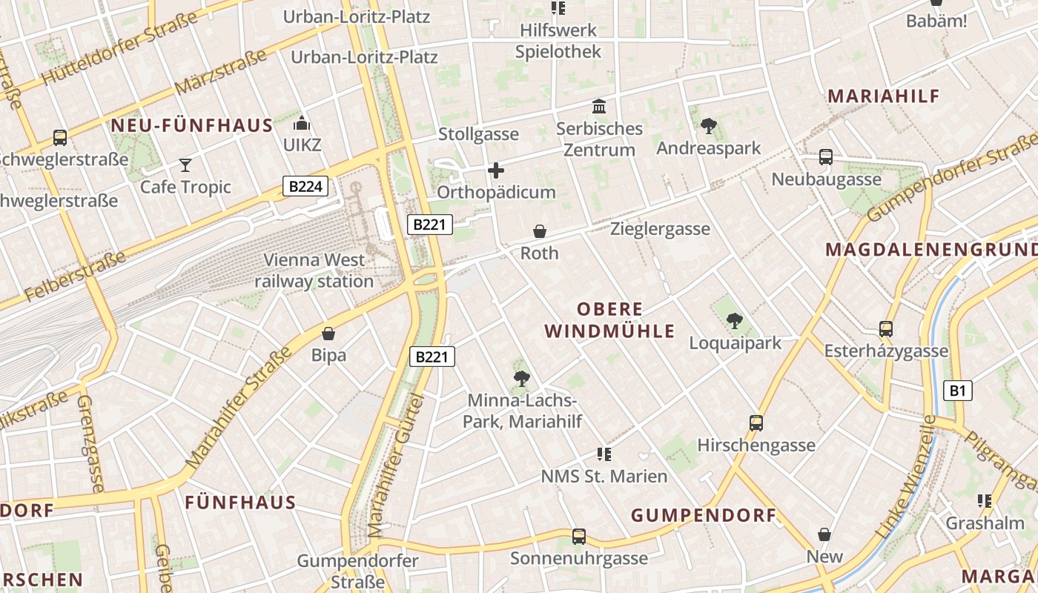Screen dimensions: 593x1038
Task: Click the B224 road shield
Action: [305, 186]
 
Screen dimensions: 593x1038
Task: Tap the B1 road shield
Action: [957, 391]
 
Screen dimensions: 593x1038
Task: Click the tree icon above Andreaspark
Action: [709, 126]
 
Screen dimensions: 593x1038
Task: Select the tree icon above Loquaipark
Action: [734, 321]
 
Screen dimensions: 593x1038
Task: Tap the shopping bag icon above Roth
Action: [540, 232]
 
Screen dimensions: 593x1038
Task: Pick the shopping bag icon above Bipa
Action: [328, 334]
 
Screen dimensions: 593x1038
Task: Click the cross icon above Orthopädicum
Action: [496, 171]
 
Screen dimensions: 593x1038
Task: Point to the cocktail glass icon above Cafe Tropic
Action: [185, 165]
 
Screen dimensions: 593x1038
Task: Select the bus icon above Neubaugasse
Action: [826, 157]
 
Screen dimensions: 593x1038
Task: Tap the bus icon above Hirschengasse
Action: [756, 423]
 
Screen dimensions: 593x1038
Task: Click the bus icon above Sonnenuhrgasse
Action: [579, 536]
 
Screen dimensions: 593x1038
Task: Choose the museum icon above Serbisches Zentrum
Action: [599, 107]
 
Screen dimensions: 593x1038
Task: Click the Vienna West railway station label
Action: [314, 271]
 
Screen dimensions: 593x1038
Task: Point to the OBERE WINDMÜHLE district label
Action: [609, 320]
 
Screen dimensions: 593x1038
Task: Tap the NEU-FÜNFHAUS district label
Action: [192, 125]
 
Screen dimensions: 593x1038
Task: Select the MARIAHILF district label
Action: [883, 96]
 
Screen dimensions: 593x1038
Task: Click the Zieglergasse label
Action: [660, 229]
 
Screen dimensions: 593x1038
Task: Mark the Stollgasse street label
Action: [478, 134]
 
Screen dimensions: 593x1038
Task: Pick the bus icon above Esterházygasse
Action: [885, 328]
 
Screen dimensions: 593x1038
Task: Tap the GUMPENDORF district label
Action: [703, 515]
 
